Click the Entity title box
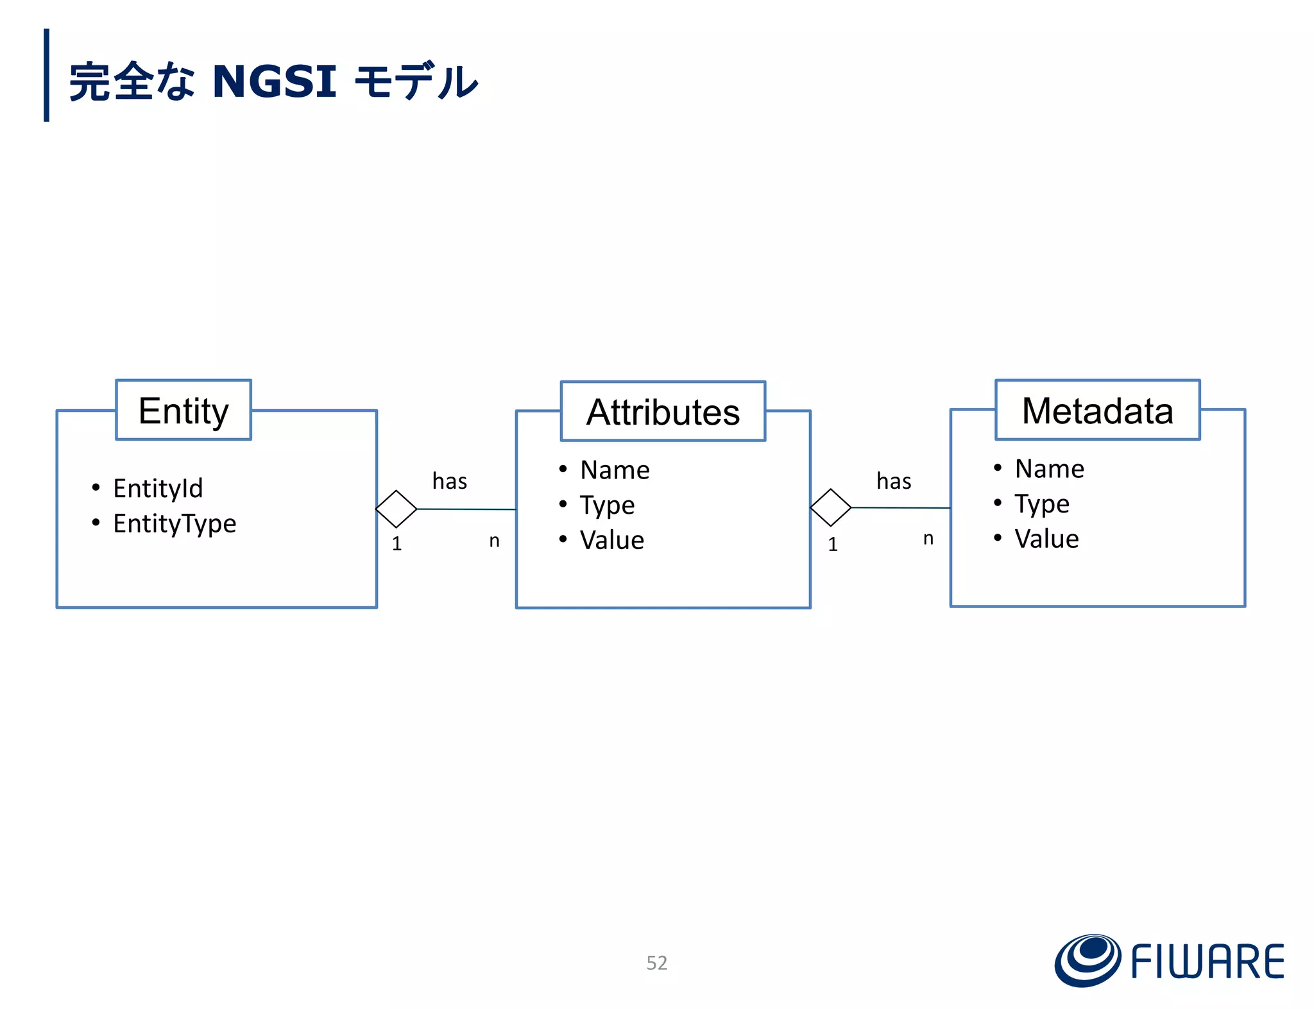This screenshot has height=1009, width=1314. point(183,411)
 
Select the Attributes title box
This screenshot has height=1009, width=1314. point(663,412)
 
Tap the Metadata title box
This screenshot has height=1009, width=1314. point(1097,411)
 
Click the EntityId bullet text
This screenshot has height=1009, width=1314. point(158,488)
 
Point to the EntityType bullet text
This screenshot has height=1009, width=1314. point(175,523)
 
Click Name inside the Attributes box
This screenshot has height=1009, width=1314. point(615,470)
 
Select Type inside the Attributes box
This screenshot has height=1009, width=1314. point(607,505)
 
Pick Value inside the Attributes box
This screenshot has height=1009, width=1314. point(611,540)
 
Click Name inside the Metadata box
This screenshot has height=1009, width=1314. point(1049,469)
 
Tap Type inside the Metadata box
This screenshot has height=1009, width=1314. point(1042,504)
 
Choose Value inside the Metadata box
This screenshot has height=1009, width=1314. point(1046,539)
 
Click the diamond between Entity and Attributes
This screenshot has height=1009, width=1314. point(397,509)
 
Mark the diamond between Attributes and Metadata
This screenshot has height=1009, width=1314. point(831,508)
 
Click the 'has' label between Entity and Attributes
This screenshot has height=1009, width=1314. point(449,481)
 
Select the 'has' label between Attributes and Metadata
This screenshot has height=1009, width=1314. point(894,481)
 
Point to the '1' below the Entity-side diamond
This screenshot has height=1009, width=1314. point(397,544)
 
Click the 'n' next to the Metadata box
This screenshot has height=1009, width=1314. point(928,539)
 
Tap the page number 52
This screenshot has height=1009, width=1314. point(656,963)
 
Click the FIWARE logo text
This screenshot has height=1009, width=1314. point(1207,962)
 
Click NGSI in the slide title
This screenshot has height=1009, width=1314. point(274,81)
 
